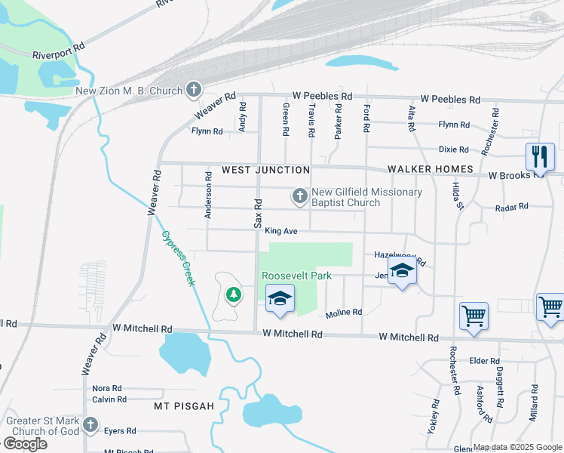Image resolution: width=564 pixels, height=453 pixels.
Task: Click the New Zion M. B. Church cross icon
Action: (194, 91)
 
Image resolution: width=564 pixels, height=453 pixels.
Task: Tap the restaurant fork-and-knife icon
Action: (539, 157)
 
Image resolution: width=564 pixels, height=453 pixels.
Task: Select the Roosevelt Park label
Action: (297, 276)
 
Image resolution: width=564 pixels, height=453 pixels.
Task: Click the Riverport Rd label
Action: (59, 55)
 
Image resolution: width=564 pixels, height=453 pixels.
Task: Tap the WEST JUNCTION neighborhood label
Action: (265, 170)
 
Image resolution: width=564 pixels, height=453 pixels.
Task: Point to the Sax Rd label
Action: (257, 214)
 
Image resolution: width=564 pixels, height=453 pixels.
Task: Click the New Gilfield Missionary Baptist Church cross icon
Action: (300, 197)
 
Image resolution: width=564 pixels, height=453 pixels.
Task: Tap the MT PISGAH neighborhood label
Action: (184, 406)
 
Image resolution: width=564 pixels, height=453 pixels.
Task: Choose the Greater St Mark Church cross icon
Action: (91, 424)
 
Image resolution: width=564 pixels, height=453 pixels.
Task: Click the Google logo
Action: (25, 443)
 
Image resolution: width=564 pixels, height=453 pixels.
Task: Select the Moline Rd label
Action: (344, 313)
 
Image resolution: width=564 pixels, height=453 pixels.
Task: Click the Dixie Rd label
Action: (454, 149)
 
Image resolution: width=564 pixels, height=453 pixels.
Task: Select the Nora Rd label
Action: (107, 388)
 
